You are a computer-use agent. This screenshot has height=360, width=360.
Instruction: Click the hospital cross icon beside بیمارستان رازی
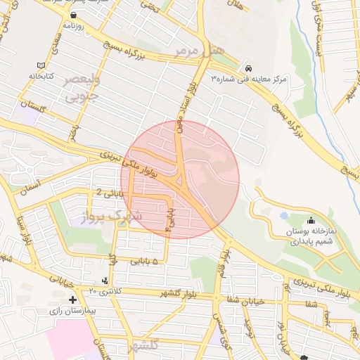click(72, 300)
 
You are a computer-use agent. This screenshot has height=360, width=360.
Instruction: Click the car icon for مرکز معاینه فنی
click(250, 68)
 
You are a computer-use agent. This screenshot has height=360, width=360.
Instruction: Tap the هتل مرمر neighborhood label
click(200, 51)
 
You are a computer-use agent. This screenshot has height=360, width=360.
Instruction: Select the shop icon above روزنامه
click(74, 15)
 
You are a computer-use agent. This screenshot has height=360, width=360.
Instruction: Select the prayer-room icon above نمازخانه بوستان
click(311, 221)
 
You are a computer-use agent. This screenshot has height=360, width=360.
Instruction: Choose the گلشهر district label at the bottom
click(145, 346)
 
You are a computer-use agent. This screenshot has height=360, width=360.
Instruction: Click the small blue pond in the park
click(284, 215)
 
